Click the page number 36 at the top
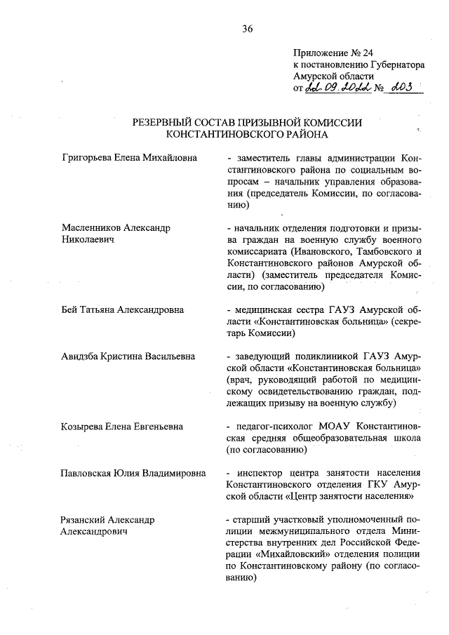click(247, 29)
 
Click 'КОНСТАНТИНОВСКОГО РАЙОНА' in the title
click(247, 133)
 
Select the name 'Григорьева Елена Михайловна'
click(130, 158)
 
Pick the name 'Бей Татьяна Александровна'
click(123, 309)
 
